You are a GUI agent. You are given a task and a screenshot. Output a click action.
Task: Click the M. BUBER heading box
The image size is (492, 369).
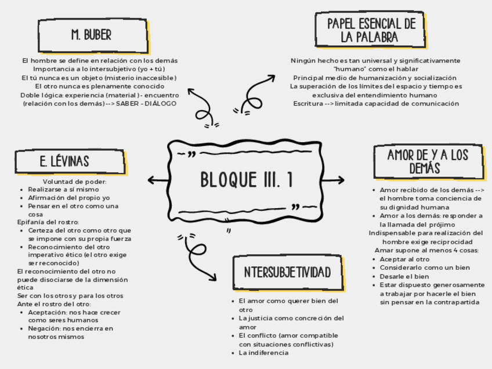click(x=91, y=35)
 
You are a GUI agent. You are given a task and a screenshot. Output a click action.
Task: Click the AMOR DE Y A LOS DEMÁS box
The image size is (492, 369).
click(x=427, y=161)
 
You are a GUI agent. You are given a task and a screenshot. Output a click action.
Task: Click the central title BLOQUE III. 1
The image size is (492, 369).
click(x=246, y=179)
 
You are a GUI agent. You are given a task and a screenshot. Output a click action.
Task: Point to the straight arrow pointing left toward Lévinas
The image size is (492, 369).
click(x=158, y=180)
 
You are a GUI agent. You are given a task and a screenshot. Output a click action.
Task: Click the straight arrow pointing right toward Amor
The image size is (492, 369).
click(x=334, y=180)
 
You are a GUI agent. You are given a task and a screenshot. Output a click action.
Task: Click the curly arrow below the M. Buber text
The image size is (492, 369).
click(x=204, y=111)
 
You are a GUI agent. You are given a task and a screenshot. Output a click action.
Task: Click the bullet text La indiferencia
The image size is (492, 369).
click(x=263, y=353)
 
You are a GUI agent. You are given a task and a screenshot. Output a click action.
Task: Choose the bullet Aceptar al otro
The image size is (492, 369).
click(x=404, y=259)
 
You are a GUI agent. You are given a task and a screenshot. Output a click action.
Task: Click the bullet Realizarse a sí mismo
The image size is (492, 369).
click(x=63, y=190)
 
